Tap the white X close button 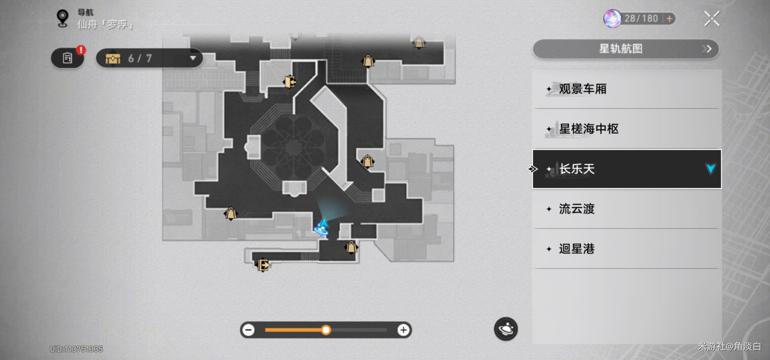point(712,18)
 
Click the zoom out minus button point(248,330)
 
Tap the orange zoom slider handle point(326,330)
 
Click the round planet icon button point(506,329)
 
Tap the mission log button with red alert point(68,58)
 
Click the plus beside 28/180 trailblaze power point(669,18)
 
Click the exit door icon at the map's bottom point(263,265)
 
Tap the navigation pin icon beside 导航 point(62,18)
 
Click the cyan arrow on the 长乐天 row point(710,168)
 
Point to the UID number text point(76,349)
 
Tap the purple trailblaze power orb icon point(612,18)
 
